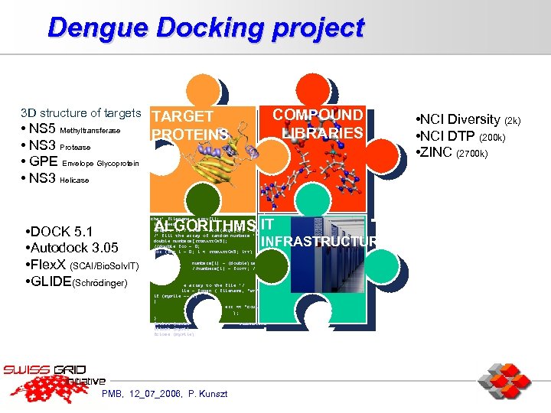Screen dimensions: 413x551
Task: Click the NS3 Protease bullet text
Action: tap(57, 146)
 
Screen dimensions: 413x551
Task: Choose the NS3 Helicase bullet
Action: tap(57, 179)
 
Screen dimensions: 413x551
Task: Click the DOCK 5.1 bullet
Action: tap(59, 232)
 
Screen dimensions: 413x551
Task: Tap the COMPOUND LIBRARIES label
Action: tap(319, 124)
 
